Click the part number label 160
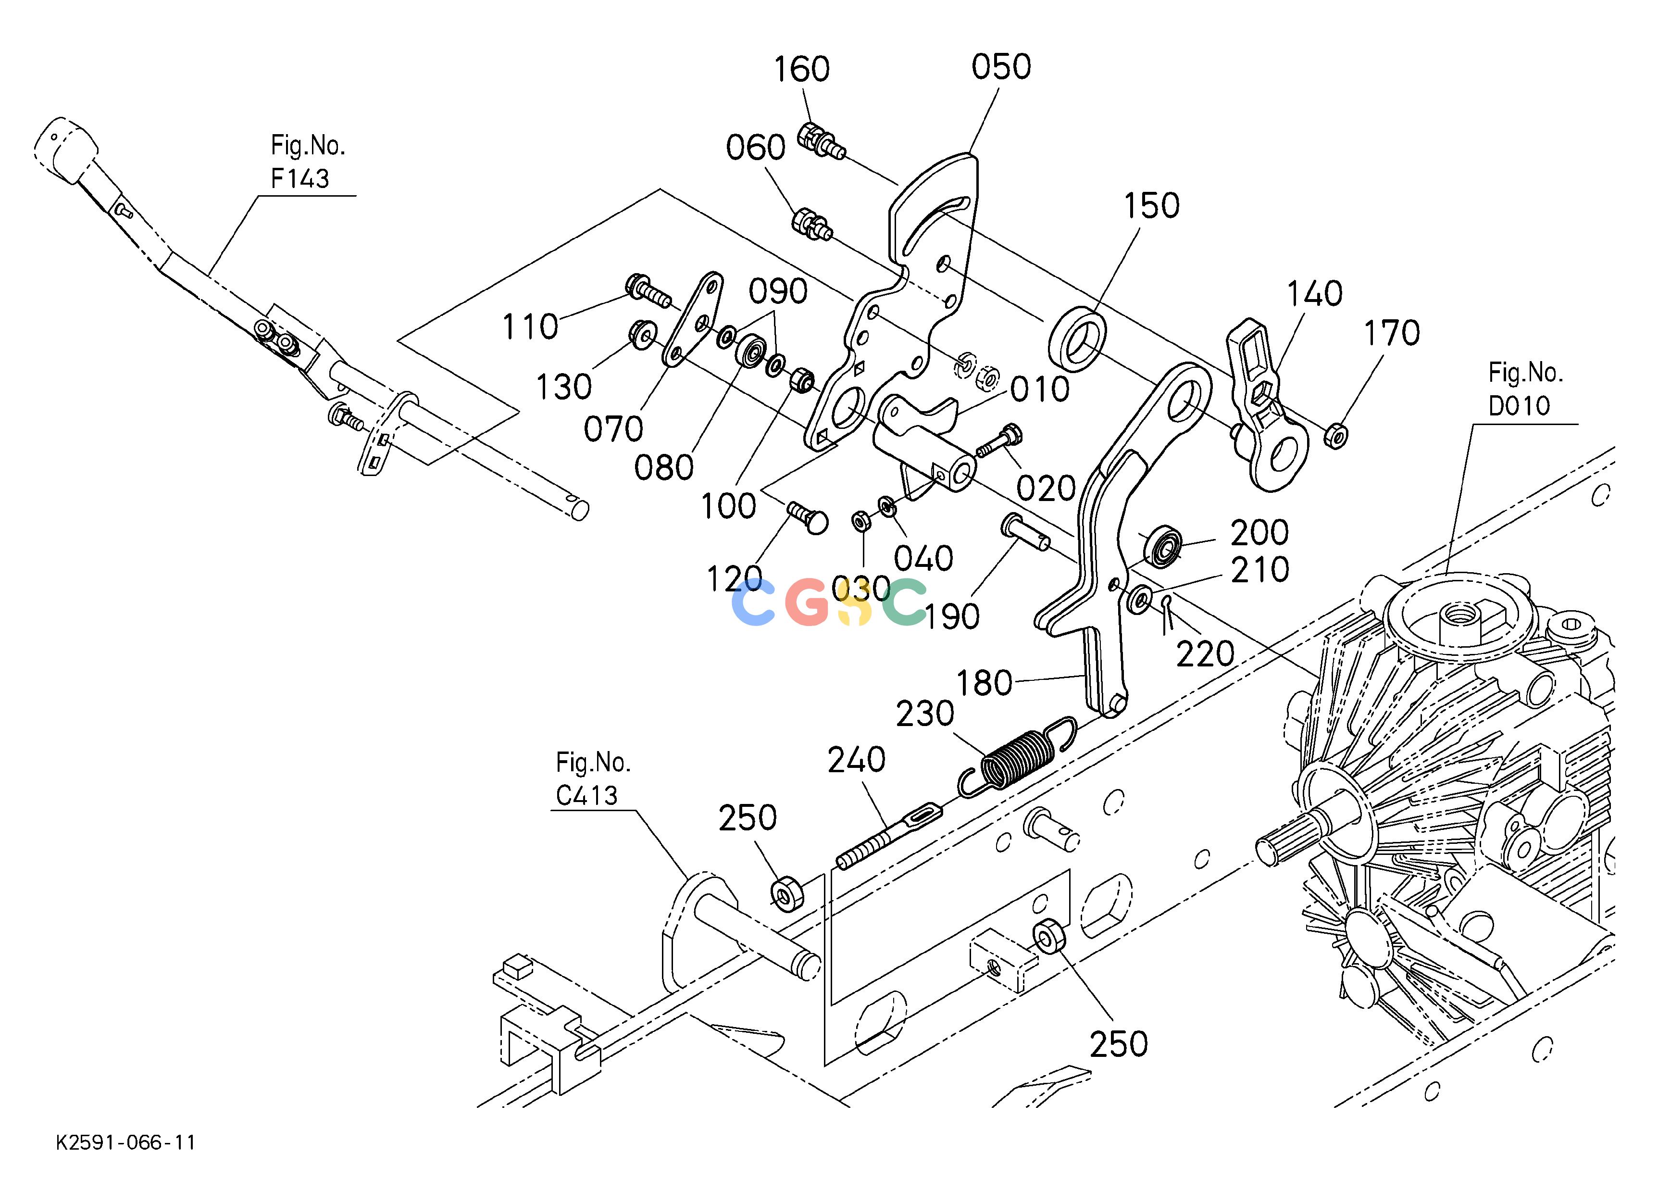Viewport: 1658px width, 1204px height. click(801, 69)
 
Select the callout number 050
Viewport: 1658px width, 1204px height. click(1001, 66)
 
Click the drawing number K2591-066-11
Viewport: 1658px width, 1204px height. click(126, 1142)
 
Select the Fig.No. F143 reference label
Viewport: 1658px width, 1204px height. click(307, 162)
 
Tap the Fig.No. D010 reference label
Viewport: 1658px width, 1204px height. click(1526, 389)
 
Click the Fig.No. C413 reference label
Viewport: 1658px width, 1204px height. click(592, 779)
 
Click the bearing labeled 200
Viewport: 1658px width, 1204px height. click(1165, 545)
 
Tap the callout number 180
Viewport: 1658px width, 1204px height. click(984, 683)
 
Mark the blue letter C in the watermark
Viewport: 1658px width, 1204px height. click(753, 602)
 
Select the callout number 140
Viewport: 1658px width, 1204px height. click(1314, 294)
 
